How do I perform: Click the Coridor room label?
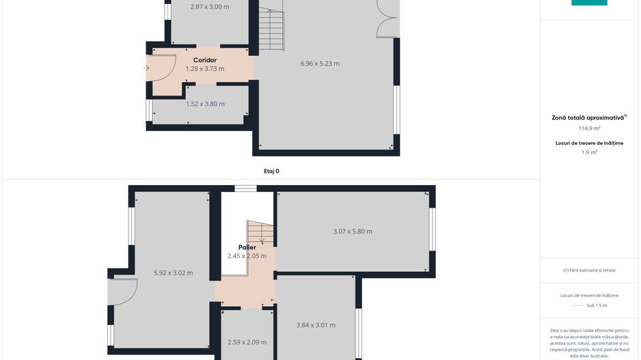point(205,60)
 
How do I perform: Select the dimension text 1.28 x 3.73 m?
point(205,68)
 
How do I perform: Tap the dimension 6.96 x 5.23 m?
point(320,64)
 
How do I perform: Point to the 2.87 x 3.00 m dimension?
point(209,7)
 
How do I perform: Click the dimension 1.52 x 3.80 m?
point(205,104)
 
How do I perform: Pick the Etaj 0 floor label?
point(271,171)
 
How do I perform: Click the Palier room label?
point(247,247)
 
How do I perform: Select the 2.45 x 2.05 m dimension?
point(247,255)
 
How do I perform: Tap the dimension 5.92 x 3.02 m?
point(174,273)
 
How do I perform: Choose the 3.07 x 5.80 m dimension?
point(353,231)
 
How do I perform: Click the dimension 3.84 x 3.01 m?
point(316,325)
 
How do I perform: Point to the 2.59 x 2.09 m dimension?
point(247,342)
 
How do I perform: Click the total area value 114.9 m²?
point(589,128)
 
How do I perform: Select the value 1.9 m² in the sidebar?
point(589,152)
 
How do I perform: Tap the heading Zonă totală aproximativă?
point(589,117)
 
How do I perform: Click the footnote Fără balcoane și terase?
point(589,270)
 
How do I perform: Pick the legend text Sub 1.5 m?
point(596,305)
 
